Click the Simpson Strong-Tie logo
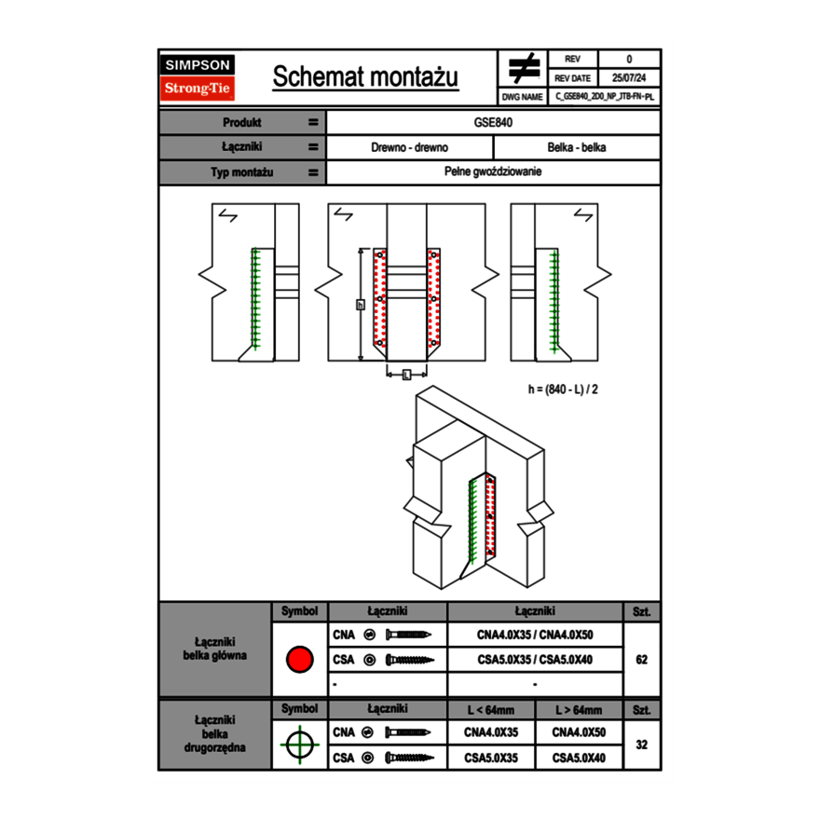198,77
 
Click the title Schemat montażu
365,77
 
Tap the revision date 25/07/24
629,78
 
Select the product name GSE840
494,122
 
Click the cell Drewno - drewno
410,147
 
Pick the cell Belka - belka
577,147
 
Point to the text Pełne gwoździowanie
494,172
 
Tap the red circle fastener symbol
299,660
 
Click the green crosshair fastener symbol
299,745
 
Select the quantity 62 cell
641,660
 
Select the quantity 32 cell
641,745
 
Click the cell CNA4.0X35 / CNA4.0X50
535,635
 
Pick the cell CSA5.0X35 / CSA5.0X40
535,660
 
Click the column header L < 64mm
491,710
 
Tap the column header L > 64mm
579,710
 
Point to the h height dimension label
360,304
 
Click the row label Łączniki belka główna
215,649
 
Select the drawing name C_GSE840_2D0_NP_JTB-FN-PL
605,96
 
